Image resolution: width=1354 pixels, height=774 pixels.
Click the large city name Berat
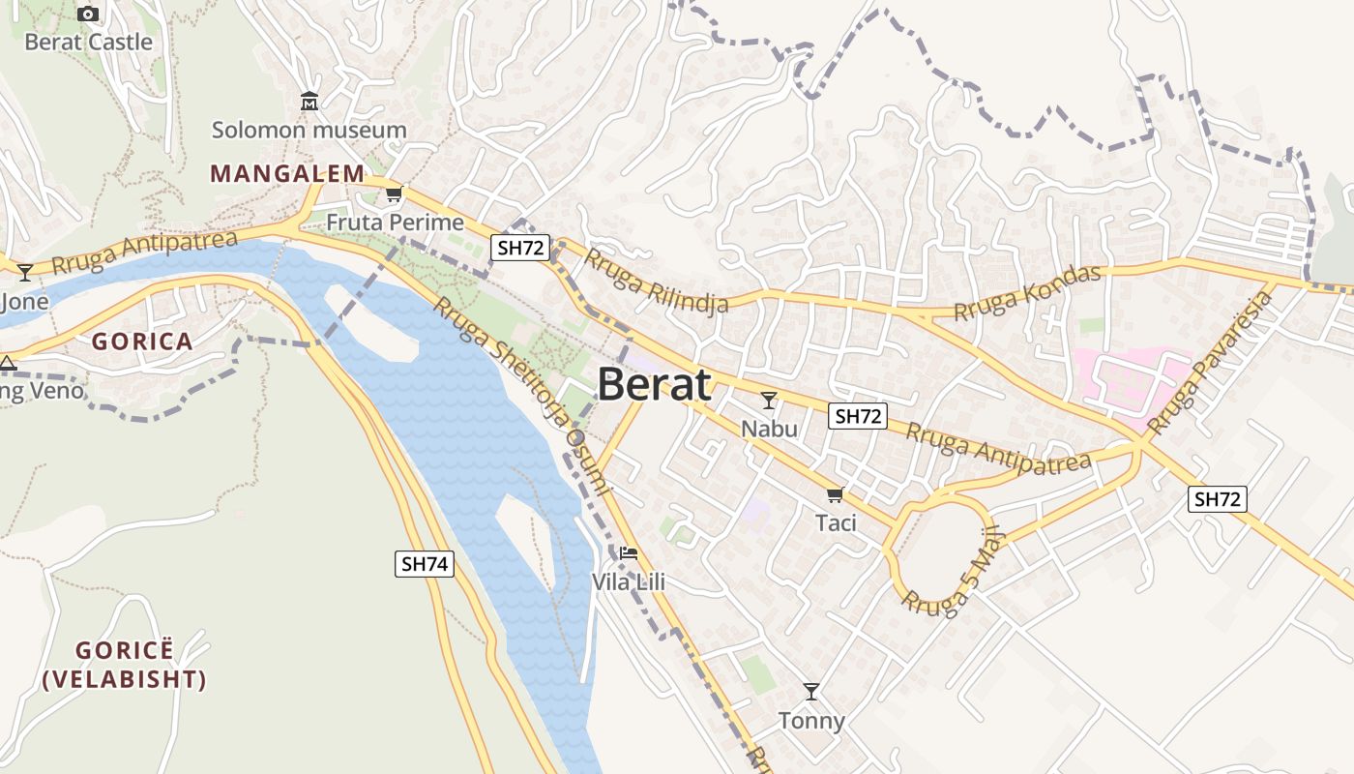point(655,384)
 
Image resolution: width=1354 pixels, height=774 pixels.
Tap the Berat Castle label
point(88,42)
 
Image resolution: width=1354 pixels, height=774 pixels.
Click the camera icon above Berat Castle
point(88,14)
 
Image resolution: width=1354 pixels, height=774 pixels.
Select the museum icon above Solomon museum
point(309,101)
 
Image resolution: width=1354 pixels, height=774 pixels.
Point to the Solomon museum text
point(309,130)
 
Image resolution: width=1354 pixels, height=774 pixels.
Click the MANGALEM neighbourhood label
point(288,174)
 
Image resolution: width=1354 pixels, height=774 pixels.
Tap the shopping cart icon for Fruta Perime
point(394,194)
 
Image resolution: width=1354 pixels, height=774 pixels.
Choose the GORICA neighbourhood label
point(142,342)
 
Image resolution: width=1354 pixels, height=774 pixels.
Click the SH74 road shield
point(425,564)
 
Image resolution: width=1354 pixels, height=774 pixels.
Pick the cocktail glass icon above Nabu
point(769,400)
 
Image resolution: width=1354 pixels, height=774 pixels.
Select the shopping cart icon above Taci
point(836,494)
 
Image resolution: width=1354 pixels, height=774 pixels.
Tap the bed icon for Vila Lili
point(629,553)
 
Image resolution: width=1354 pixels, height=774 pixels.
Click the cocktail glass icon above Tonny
point(811,692)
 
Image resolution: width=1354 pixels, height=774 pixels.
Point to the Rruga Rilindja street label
point(656,283)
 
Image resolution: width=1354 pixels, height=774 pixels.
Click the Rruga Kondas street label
point(1027,293)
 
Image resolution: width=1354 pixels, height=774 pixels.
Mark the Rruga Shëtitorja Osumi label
point(521,396)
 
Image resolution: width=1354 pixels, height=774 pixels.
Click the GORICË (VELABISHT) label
point(125,665)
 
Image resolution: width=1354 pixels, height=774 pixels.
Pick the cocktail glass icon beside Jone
point(25,273)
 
